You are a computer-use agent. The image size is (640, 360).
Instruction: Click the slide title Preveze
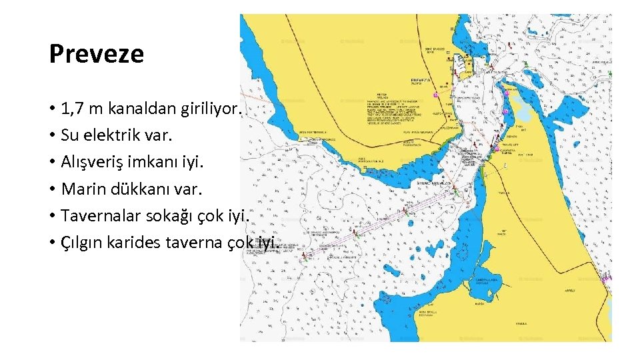pyautogui.click(x=97, y=54)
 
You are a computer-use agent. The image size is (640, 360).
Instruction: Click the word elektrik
pyautogui.click(x=108, y=135)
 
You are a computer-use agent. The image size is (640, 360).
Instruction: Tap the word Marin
pyautogui.click(x=81, y=189)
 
